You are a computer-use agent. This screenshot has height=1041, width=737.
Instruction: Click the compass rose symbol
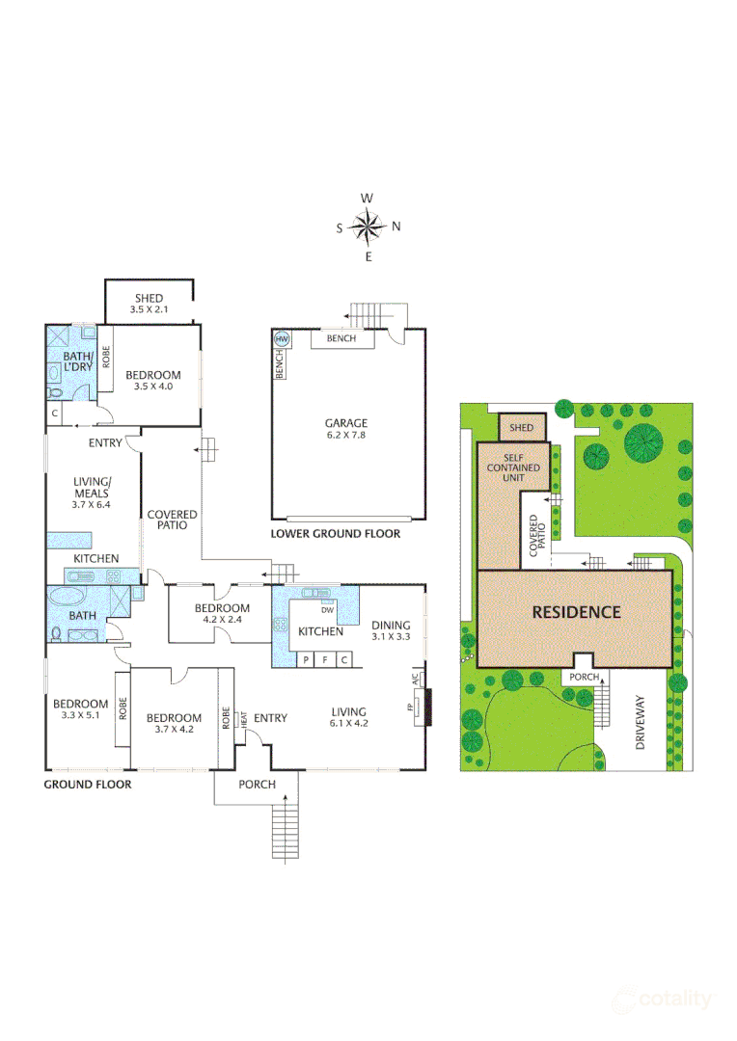368,227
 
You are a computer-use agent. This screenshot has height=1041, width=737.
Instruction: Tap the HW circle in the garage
283,339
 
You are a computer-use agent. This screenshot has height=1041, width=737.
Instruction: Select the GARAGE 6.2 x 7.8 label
345,429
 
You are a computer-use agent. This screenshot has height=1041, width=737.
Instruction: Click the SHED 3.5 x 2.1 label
149,305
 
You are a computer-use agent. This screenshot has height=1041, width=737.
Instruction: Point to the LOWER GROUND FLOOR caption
335,533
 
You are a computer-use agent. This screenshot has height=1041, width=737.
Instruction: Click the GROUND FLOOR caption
88,785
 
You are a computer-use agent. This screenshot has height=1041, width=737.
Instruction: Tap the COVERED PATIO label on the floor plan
173,520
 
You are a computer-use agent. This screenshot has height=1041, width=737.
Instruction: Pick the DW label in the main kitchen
327,609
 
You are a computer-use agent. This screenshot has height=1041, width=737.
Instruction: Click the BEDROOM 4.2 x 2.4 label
222,615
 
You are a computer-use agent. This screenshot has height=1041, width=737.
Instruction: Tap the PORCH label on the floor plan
258,785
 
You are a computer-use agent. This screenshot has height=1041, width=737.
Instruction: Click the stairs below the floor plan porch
287,831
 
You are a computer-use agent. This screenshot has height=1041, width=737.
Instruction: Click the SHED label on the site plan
521,428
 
